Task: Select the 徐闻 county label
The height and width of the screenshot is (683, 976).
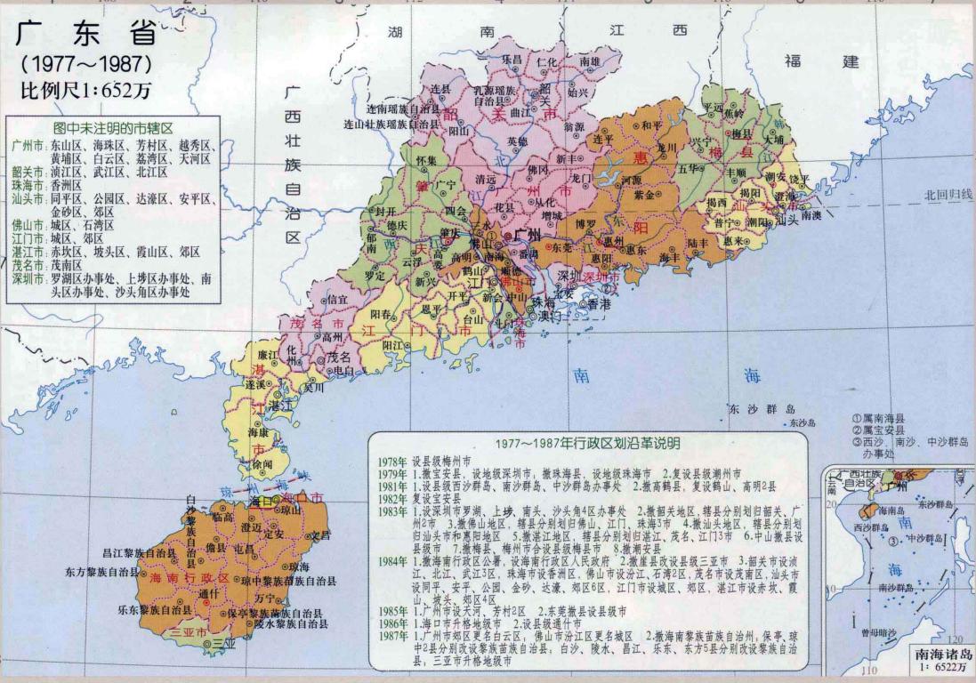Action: coord(262,464)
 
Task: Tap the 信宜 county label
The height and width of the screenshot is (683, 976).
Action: coord(338,300)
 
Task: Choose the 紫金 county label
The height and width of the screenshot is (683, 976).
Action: coord(644,195)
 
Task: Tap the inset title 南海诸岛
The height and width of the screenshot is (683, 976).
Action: coord(944,655)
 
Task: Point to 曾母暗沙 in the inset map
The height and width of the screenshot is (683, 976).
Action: coord(881,631)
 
